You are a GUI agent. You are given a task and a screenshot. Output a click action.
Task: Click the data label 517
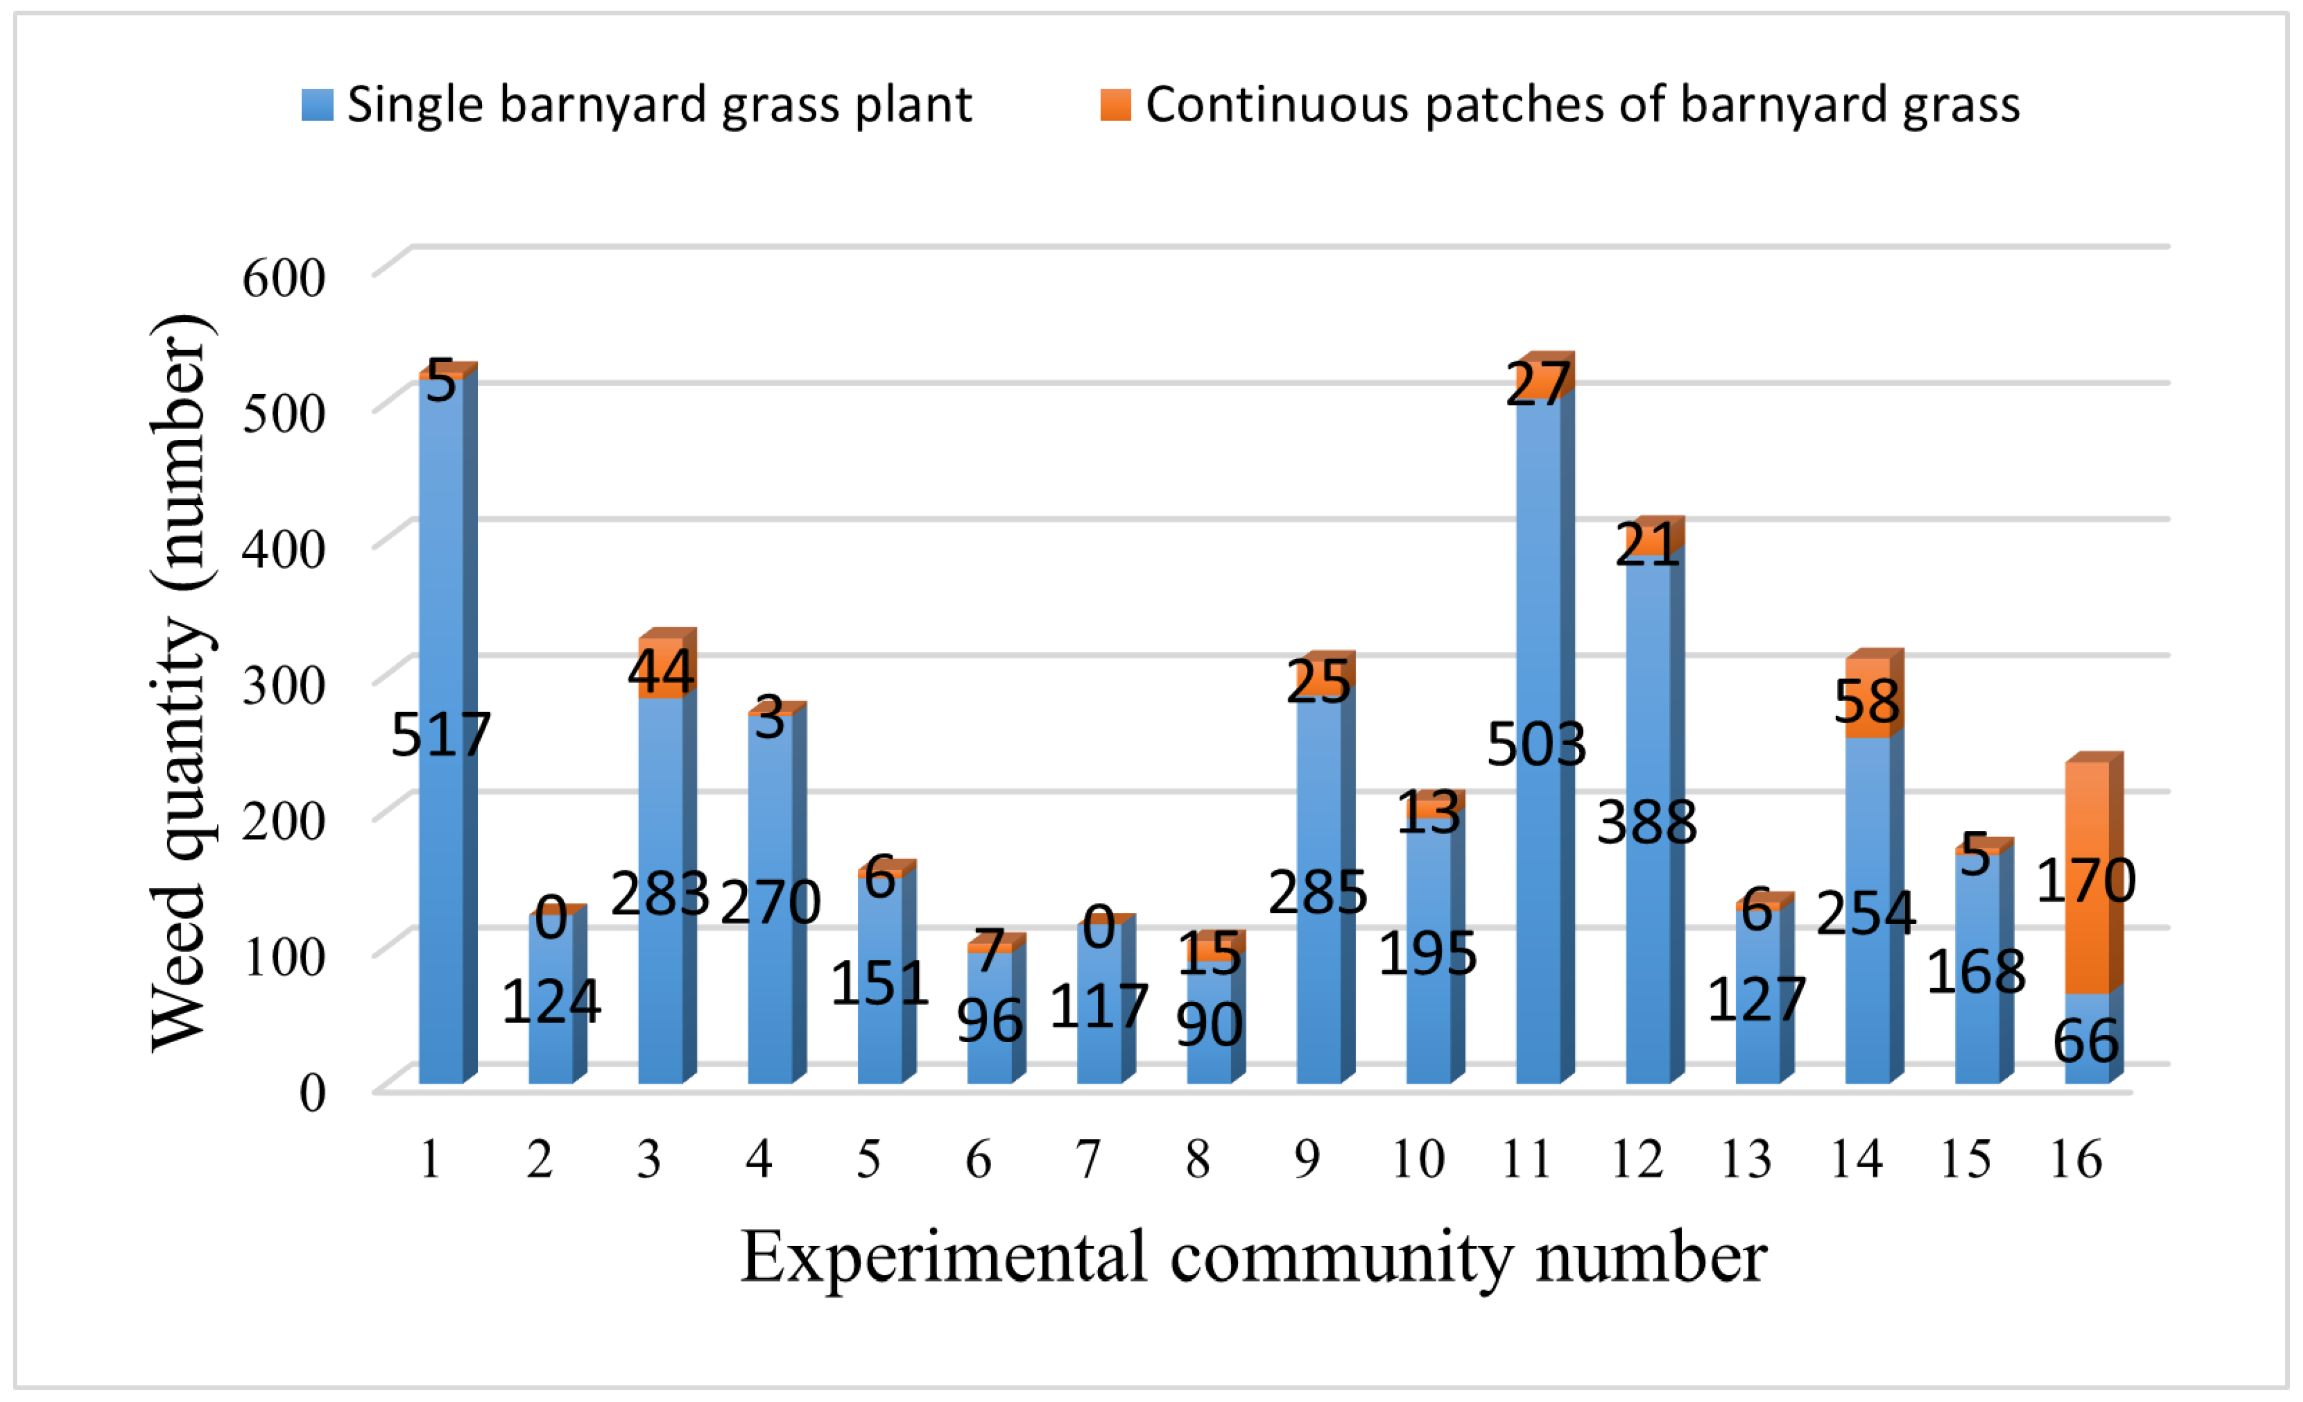tap(440, 734)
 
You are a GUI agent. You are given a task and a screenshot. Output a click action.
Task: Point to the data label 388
tap(1647, 822)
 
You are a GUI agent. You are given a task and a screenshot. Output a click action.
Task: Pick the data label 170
tap(2085, 880)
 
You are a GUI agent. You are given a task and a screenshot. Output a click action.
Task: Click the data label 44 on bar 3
tap(661, 671)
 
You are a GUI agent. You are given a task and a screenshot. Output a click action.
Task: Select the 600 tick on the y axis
tap(283, 277)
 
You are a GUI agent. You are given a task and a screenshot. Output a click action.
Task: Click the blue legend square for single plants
tap(317, 105)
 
